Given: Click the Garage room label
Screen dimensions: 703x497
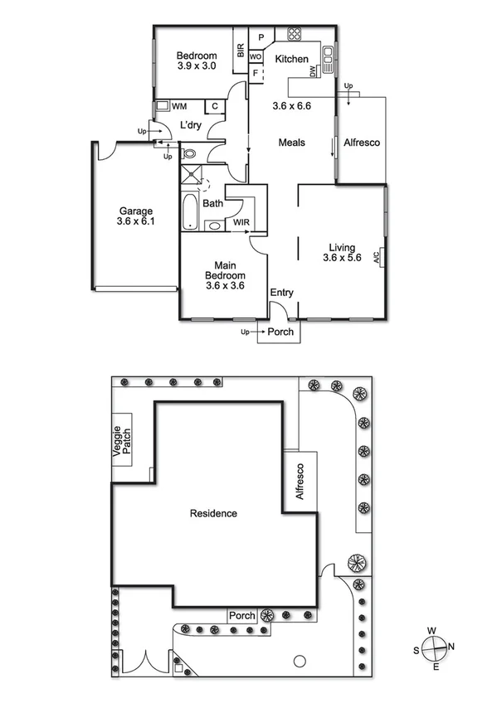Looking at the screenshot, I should click(134, 211).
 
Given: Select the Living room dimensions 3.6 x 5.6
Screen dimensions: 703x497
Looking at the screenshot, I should click(341, 258).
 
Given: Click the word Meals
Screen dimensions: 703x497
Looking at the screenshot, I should click(291, 143).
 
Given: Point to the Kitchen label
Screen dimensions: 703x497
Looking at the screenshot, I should click(291, 59).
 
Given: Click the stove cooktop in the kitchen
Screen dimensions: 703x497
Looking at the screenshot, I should click(295, 35).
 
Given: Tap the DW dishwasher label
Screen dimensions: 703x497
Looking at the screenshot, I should click(313, 73).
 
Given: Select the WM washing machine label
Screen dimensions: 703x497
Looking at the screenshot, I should click(179, 106).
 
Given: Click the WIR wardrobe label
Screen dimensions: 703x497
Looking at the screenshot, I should click(241, 223).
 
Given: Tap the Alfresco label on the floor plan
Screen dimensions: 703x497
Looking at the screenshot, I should click(362, 143).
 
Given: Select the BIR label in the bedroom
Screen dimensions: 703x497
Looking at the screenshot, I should click(241, 51).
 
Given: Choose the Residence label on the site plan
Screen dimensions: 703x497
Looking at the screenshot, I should click(213, 513).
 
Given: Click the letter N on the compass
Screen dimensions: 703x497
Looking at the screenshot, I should click(451, 647).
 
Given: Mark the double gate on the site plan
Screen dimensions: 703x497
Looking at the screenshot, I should click(145, 663).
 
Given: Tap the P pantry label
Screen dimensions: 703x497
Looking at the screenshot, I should click(261, 37).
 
